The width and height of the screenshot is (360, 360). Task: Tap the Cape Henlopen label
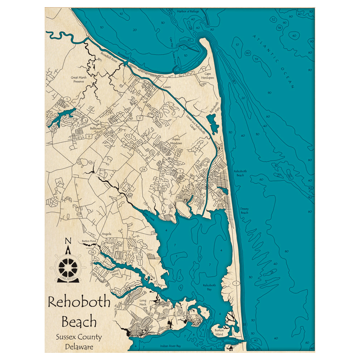pos(209,76)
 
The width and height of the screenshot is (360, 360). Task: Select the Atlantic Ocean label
pos(274,62)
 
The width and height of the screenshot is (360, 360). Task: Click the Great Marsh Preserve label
pos(78,80)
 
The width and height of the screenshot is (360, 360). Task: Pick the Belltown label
pos(95,128)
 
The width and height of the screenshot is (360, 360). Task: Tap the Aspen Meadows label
pos(176,141)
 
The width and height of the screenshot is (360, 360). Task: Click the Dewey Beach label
pos(244,211)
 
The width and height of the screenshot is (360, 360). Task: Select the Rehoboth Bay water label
pos(209,287)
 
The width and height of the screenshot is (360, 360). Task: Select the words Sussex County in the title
pos(79,337)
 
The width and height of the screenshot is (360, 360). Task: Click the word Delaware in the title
pos(79,347)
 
